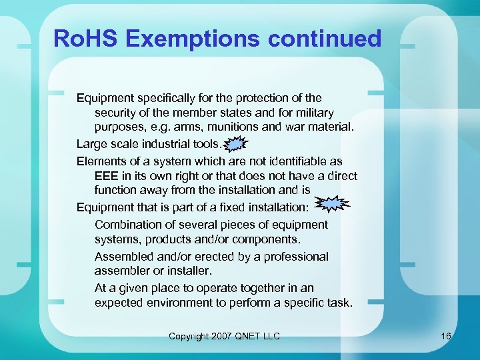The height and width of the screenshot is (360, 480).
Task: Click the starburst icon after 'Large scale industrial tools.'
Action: coord(236,143)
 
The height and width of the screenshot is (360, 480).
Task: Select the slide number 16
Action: coord(446,336)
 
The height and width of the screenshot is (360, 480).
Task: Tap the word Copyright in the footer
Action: coord(189,336)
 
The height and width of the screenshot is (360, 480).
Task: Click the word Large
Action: coord(91,143)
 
